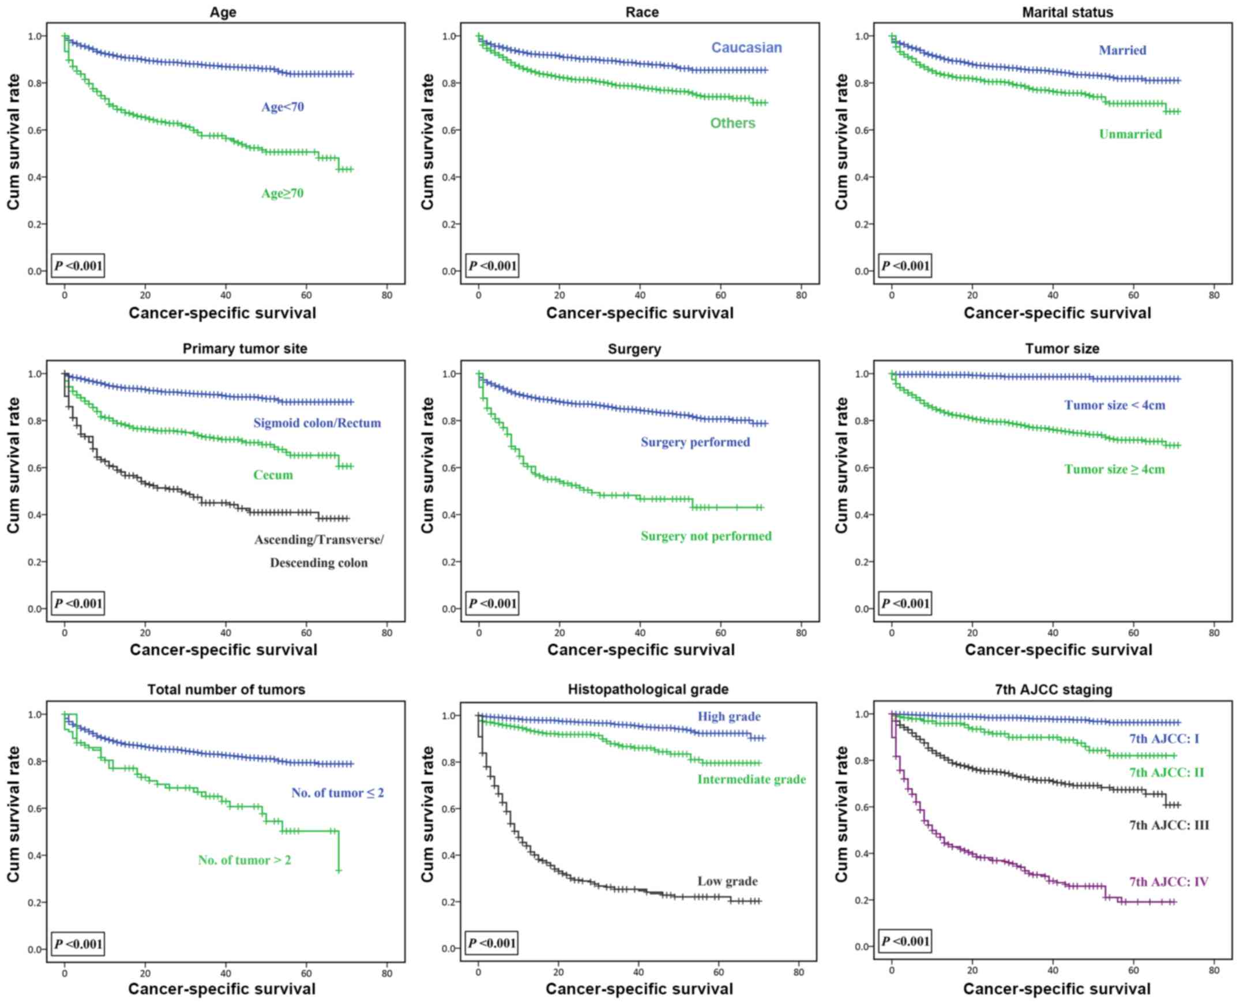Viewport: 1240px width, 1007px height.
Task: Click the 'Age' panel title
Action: coord(223,12)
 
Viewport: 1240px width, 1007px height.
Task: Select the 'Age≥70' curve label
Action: coord(283,193)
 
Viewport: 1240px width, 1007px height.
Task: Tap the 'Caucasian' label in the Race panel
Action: coord(746,47)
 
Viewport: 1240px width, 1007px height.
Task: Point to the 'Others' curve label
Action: coord(732,123)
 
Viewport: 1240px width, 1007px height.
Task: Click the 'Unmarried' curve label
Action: coord(1130,134)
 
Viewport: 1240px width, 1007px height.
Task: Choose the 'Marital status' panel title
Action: coord(1067,12)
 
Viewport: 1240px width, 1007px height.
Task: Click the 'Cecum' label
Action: coord(273,475)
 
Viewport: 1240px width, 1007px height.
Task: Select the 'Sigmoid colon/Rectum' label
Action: coord(317,423)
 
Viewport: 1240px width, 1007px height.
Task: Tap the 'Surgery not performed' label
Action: coord(706,536)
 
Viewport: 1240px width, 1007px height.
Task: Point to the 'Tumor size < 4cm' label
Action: coord(1114,405)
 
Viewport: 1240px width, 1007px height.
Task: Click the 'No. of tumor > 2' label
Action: coord(244,860)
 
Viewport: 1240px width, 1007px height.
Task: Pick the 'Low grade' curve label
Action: coord(727,881)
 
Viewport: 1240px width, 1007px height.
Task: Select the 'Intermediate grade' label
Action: coord(751,779)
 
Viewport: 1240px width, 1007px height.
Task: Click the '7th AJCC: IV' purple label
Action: coord(1168,882)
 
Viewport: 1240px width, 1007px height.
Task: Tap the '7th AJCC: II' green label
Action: coord(1166,772)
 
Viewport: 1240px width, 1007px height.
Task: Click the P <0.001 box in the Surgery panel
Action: coord(493,603)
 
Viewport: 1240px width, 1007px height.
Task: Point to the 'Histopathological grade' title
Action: coord(648,689)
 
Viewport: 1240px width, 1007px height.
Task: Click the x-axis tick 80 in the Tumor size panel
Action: coord(1214,633)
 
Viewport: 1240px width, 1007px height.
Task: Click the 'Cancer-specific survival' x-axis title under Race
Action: coord(640,313)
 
